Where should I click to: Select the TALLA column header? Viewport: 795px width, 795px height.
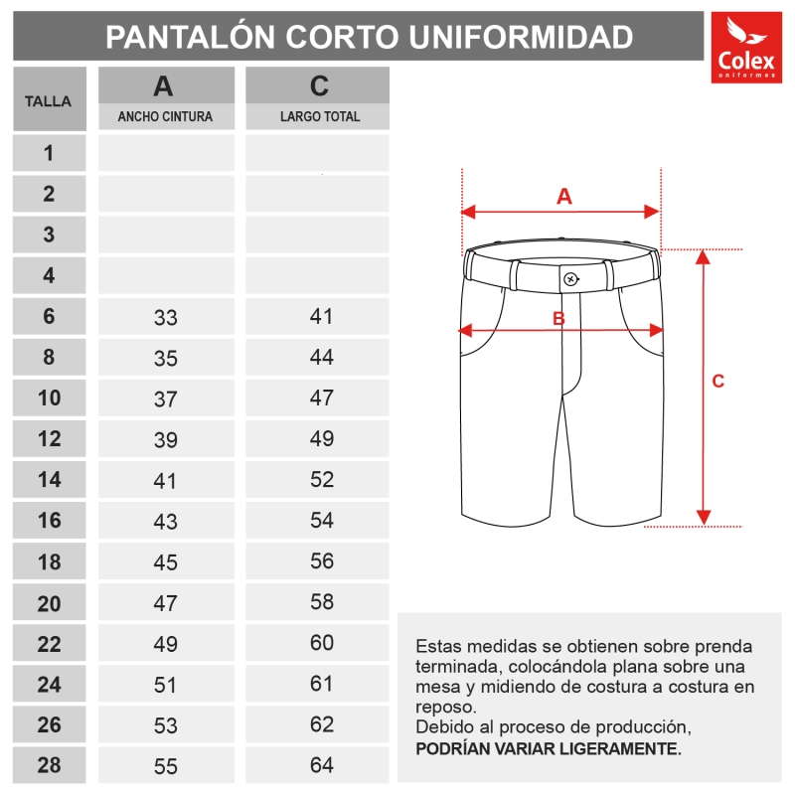48,100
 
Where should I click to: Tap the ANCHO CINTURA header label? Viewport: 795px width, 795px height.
165,116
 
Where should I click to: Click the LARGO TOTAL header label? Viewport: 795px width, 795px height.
320,116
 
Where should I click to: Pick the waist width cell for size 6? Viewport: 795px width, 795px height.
165,318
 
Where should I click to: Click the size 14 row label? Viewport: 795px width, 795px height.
49,480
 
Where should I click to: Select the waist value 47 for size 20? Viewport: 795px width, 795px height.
165,603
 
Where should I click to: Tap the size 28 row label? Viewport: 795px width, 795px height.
49,765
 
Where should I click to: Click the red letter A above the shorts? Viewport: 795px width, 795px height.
563,196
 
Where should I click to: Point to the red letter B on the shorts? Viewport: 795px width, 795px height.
558,318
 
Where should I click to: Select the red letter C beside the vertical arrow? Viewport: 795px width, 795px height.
718,381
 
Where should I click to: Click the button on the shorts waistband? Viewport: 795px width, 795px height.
570,278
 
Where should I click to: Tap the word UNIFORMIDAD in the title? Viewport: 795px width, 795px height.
521,37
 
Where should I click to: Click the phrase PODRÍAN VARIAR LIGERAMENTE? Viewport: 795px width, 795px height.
549,748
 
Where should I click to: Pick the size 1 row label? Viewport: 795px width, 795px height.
49,153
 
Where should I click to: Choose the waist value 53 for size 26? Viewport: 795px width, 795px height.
165,725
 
